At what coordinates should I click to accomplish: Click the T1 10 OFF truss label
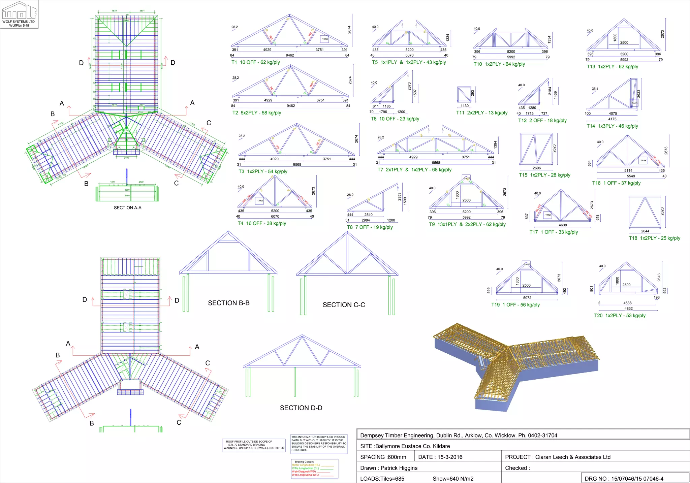[x=255, y=62]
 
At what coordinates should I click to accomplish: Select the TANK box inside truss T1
[x=325, y=39]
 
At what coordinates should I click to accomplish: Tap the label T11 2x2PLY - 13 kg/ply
[x=482, y=113]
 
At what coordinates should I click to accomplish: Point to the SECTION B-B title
[x=229, y=303]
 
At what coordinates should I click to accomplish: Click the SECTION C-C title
[x=344, y=305]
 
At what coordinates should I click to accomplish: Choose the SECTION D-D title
[x=301, y=408]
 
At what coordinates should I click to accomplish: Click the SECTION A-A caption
[x=127, y=208]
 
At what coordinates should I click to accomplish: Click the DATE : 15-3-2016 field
[x=440, y=457]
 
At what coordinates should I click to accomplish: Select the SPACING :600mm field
[x=383, y=457]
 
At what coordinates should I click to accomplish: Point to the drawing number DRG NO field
[x=624, y=479]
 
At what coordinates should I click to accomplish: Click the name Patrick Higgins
[x=399, y=468]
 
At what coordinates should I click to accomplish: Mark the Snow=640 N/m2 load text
[x=453, y=479]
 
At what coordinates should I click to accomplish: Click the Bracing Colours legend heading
[x=304, y=462]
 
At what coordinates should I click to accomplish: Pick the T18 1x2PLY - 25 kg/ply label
[x=654, y=238]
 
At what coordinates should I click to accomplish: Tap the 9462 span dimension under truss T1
[x=290, y=55]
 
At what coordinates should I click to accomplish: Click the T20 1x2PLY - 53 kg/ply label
[x=620, y=316]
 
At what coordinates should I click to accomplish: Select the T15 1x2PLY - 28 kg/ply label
[x=544, y=175]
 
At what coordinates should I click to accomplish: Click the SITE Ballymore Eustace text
[x=405, y=446]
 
